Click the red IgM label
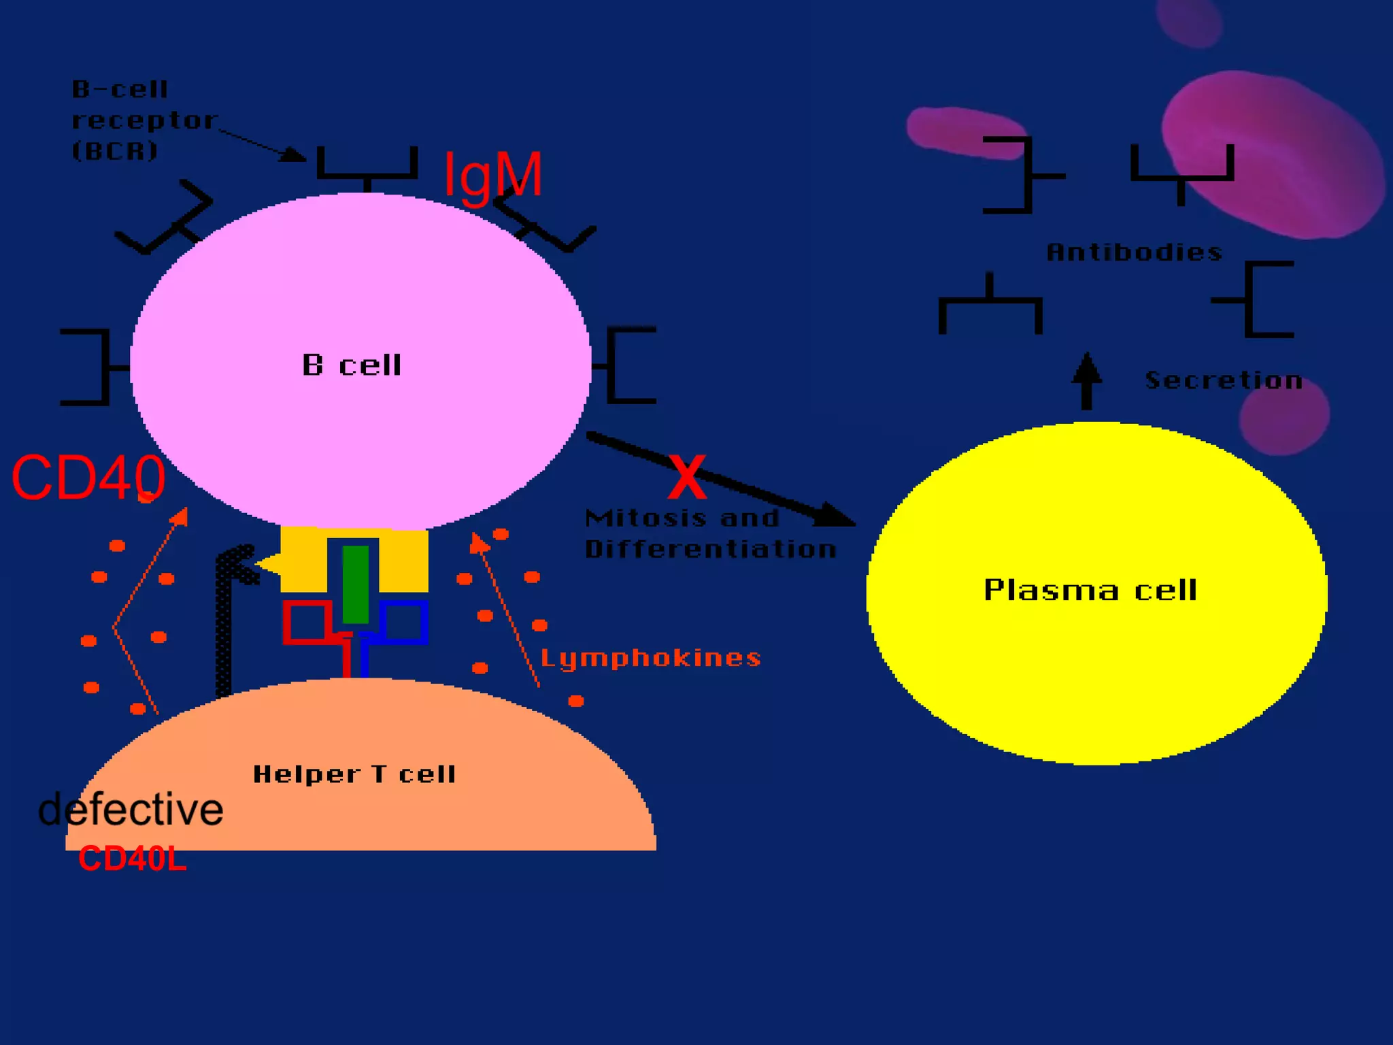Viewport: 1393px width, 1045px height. pyautogui.click(x=493, y=175)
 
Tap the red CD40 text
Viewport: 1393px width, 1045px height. pyautogui.click(x=88, y=478)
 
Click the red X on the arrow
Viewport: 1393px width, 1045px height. pyautogui.click(x=687, y=478)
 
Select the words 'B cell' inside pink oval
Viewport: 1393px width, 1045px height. pyautogui.click(x=352, y=365)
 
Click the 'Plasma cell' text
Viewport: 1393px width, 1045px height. pyautogui.click(x=1090, y=590)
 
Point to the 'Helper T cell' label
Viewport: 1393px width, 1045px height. pyautogui.click(x=354, y=774)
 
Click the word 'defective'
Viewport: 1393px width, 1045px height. pyautogui.click(x=131, y=810)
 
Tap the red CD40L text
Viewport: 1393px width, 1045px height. pyautogui.click(x=132, y=859)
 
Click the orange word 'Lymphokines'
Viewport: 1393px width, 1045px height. pyautogui.click(x=650, y=658)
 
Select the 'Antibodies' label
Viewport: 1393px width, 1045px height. pyautogui.click(x=1134, y=252)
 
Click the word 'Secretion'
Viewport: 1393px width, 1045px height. pyautogui.click(x=1224, y=380)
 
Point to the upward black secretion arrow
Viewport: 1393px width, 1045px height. pyautogui.click(x=1086, y=381)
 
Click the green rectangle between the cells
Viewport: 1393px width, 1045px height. pyautogui.click(x=355, y=584)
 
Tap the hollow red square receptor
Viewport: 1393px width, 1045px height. pyautogui.click(x=307, y=621)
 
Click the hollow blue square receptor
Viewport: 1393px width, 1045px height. pyautogui.click(x=404, y=621)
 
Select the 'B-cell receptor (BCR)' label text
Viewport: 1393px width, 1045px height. pyautogui.click(x=143, y=120)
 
